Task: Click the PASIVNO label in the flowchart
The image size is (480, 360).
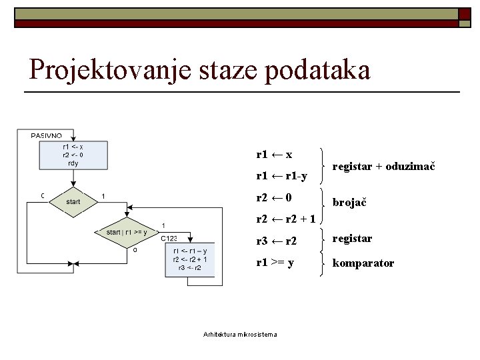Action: pyautogui.click(x=47, y=136)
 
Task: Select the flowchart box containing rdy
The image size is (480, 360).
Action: pyautogui.click(x=73, y=155)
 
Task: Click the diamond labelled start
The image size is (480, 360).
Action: pyautogui.click(x=73, y=201)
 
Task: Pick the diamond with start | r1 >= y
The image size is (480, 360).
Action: pyautogui.click(x=127, y=232)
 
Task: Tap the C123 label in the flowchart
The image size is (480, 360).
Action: pyautogui.click(x=169, y=238)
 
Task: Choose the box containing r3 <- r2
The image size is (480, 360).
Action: pyautogui.click(x=191, y=259)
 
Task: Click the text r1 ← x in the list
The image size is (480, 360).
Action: pyautogui.click(x=275, y=154)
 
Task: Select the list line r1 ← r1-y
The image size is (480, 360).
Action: pyautogui.click(x=281, y=176)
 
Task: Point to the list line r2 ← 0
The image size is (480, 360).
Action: pyautogui.click(x=274, y=198)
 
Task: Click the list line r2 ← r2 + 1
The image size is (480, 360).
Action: pyautogui.click(x=286, y=219)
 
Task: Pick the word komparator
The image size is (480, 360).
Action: pyautogui.click(x=363, y=263)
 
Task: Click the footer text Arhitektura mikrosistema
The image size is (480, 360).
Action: pyautogui.click(x=240, y=334)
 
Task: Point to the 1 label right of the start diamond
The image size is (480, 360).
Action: pyautogui.click(x=103, y=195)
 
